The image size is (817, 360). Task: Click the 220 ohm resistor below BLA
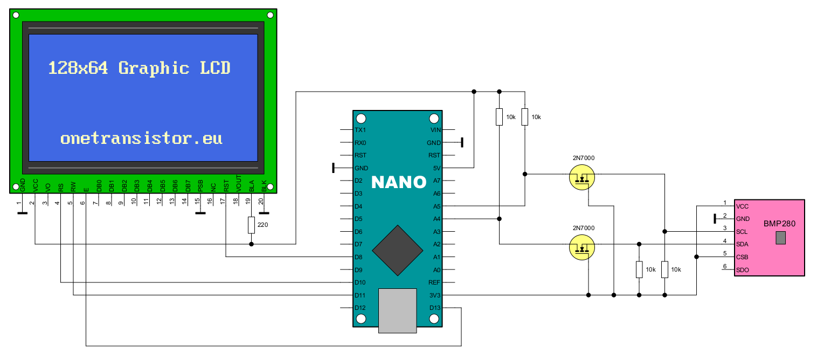tap(251, 225)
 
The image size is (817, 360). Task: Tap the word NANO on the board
tap(399, 182)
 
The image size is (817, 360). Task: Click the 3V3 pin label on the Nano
tap(434, 295)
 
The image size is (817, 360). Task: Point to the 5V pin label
tap(437, 168)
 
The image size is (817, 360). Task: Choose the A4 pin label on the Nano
tap(437, 219)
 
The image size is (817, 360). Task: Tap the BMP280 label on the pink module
tap(779, 223)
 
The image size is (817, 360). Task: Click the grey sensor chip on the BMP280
tap(781, 238)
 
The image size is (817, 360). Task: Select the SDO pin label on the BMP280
tap(743, 269)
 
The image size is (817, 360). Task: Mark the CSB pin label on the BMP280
tap(743, 257)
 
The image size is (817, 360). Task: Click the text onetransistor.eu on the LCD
tap(141, 138)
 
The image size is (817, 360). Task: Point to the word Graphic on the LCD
tap(154, 68)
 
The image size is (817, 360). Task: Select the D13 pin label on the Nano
tap(435, 308)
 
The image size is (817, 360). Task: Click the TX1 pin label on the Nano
tap(361, 130)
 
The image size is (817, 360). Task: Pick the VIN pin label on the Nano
tap(435, 130)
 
